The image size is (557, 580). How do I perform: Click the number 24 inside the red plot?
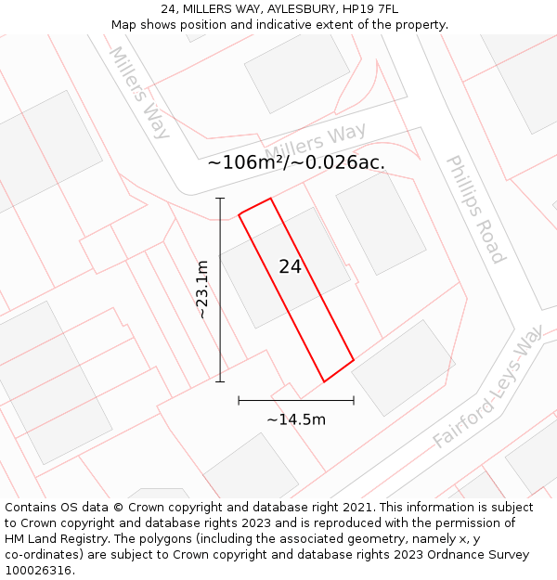[x=290, y=266]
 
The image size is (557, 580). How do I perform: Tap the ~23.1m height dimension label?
[x=202, y=290]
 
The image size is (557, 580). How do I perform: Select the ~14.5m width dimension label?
[x=296, y=419]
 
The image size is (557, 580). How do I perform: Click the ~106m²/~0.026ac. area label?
[x=296, y=162]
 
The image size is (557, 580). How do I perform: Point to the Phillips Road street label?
[x=475, y=210]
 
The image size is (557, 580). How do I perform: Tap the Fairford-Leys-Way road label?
[x=488, y=387]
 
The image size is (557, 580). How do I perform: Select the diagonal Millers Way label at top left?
[x=140, y=92]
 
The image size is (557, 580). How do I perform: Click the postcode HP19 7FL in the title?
[x=370, y=9]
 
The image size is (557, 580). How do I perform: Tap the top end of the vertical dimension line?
[x=220, y=199]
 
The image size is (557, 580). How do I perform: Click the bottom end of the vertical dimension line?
[x=220, y=380]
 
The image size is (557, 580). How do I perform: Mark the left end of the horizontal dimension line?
[x=239, y=401]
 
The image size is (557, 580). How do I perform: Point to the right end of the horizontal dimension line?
[x=354, y=401]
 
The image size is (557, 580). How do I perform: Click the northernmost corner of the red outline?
[x=270, y=199]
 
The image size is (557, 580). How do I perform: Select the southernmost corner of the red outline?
[x=323, y=381]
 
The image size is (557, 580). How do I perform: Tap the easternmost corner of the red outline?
[x=354, y=360]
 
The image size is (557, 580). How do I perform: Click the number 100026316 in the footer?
[x=38, y=571]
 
